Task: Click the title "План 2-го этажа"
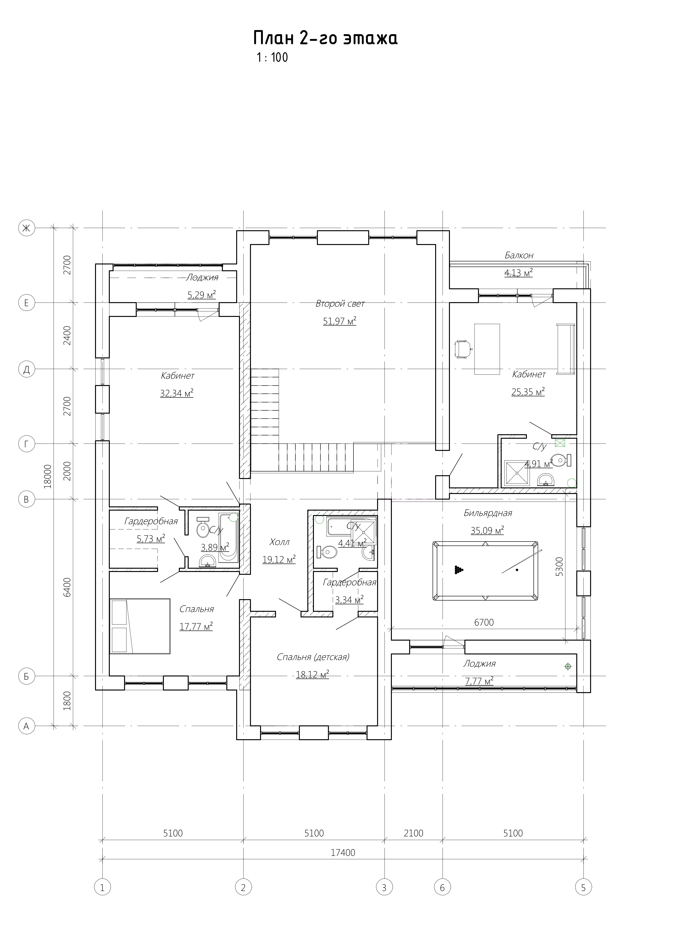(325, 38)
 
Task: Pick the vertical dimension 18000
(48, 476)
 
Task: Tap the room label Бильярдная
(488, 513)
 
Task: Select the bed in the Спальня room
(140, 626)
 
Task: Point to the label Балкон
(518, 256)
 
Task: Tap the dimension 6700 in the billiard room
(484, 622)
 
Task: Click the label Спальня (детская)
(313, 657)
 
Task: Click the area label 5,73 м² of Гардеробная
(151, 538)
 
